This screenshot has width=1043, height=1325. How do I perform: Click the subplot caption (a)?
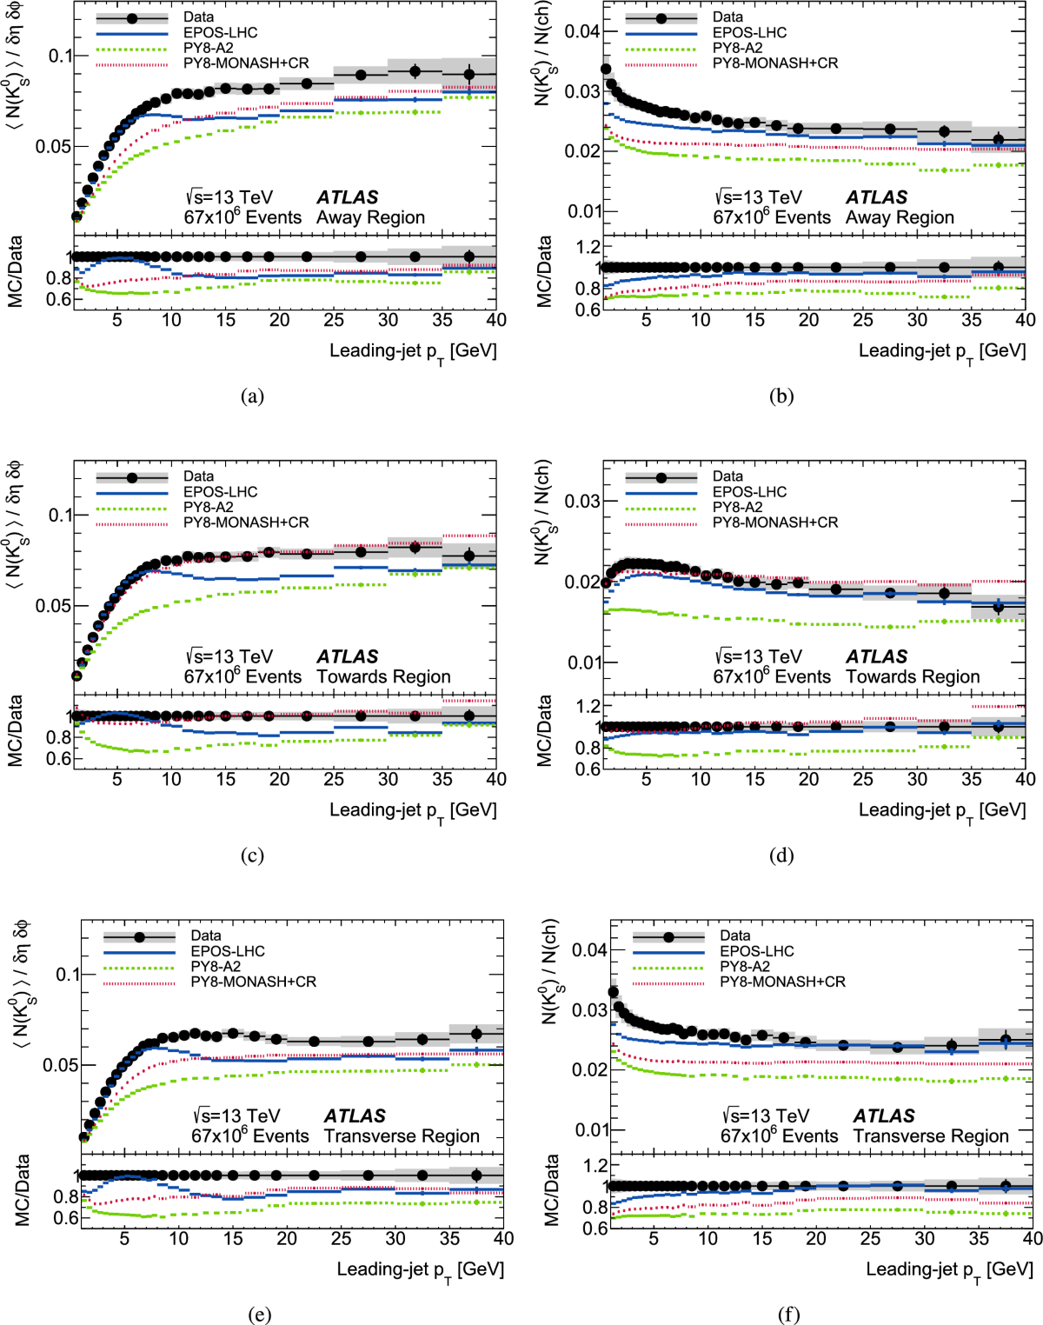(252, 396)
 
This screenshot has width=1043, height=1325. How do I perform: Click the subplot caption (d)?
(781, 856)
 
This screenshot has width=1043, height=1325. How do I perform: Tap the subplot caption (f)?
(788, 1315)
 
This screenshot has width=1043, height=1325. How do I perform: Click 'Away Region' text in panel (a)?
(370, 217)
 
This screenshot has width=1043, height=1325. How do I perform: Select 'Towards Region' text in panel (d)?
(913, 676)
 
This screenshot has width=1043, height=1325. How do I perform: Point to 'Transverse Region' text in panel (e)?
(402, 1135)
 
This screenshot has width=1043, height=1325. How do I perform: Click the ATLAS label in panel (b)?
(876, 197)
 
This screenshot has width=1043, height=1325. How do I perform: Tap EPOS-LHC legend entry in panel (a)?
(220, 32)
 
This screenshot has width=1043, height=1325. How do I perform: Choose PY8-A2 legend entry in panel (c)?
(208, 507)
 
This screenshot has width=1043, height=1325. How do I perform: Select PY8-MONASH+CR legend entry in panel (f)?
(782, 982)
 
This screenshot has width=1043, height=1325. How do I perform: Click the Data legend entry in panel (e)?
(206, 935)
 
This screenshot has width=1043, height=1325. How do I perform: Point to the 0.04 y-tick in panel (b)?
(581, 31)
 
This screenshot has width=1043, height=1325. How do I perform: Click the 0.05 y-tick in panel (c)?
(53, 605)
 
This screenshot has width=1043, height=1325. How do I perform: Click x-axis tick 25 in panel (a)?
(334, 319)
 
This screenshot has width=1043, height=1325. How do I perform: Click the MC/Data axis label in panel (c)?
(15, 730)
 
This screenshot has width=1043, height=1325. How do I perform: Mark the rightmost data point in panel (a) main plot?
(469, 75)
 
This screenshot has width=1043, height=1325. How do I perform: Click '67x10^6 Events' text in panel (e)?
(250, 1135)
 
